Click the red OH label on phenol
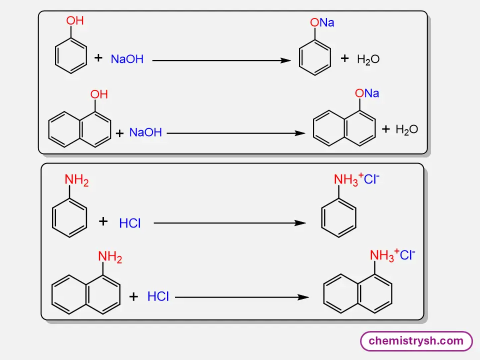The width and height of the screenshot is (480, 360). pos(75,21)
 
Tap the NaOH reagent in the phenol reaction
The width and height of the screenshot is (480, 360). pos(127,59)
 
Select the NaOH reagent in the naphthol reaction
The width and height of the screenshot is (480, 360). pos(145,132)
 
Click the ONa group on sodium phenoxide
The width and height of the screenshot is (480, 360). pos(322,23)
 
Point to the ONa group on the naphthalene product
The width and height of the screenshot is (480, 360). pos(367,93)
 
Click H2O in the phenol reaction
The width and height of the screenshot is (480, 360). pos(368,59)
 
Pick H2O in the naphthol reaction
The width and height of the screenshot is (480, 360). pos(406,129)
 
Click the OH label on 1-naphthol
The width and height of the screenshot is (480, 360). pos(99,94)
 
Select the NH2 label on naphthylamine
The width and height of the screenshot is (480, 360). pos(110,257)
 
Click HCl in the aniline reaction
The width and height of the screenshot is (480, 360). pos(130,223)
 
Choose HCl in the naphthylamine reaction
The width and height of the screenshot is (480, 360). pos(158,296)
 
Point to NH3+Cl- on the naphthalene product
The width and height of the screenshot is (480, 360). pos(392,255)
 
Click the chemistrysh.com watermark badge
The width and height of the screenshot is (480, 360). pos(416,341)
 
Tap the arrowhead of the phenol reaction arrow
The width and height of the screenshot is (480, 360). pos(286,60)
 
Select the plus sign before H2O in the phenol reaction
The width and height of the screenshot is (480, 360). pos(344,58)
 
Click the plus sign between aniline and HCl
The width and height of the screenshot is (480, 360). pos(103,221)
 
